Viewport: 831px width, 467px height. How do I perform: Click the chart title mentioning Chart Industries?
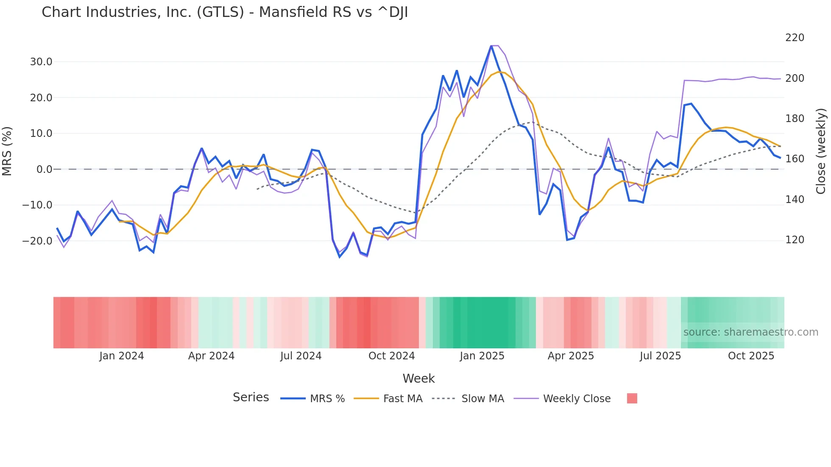tap(225, 12)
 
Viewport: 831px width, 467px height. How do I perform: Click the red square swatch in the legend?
tap(632, 398)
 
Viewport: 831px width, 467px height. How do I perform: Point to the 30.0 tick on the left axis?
tap(41, 62)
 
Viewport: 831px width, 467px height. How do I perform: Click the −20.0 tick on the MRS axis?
tap(37, 241)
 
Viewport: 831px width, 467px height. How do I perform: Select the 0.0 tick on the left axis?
tap(44, 170)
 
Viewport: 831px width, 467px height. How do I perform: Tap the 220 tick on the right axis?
tap(795, 38)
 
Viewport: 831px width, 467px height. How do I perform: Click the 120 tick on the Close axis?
tap(795, 240)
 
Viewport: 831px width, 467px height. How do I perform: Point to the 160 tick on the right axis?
tap(795, 159)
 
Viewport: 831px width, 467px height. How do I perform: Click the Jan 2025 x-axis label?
tap(482, 356)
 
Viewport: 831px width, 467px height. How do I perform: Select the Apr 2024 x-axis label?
tap(211, 356)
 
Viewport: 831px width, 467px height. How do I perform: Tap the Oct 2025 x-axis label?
tap(751, 356)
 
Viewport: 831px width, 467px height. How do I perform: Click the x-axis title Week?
tap(418, 378)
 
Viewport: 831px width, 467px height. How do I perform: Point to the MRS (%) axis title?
tap(7, 151)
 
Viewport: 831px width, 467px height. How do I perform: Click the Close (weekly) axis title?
tap(821, 151)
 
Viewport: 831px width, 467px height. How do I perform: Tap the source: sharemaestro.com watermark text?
tap(750, 332)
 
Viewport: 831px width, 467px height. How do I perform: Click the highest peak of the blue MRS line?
tap(491, 46)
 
